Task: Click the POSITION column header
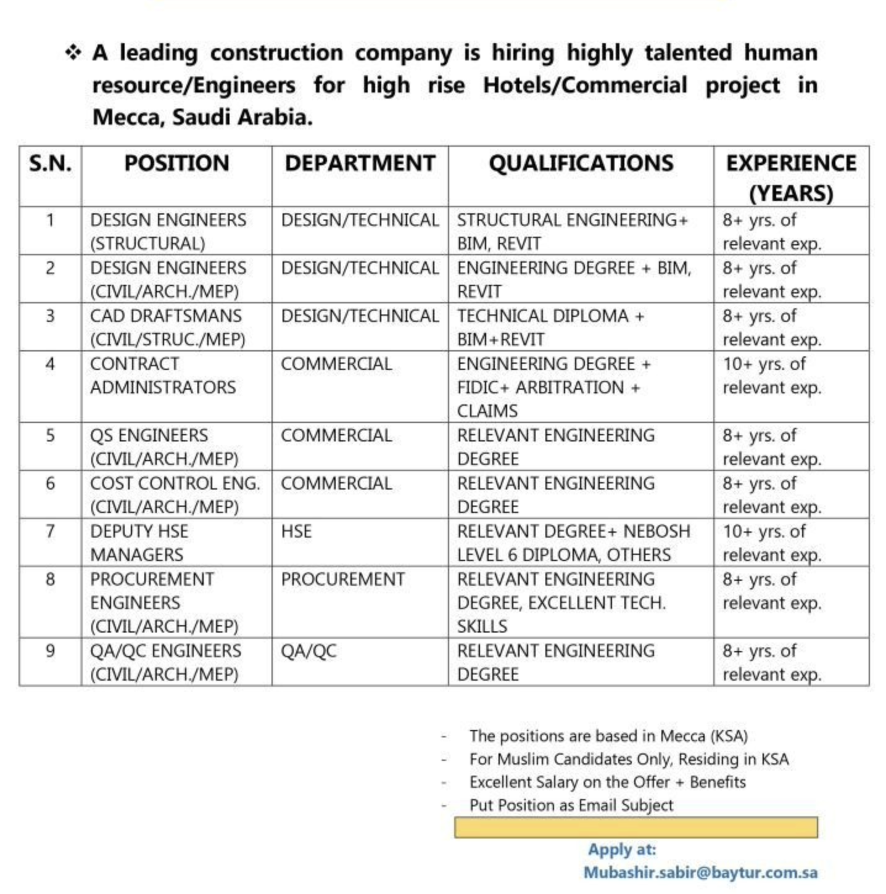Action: [x=176, y=163]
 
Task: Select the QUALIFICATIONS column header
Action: [x=581, y=163]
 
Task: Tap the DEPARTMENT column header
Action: [x=360, y=163]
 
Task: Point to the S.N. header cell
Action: [x=50, y=163]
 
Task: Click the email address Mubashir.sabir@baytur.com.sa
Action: [x=700, y=872]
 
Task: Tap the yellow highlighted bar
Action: [x=636, y=827]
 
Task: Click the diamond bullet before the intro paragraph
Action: [x=73, y=53]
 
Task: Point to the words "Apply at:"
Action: [x=621, y=850]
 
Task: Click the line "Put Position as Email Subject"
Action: [x=571, y=805]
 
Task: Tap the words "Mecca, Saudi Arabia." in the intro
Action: [x=202, y=117]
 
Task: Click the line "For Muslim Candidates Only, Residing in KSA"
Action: [x=628, y=759]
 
